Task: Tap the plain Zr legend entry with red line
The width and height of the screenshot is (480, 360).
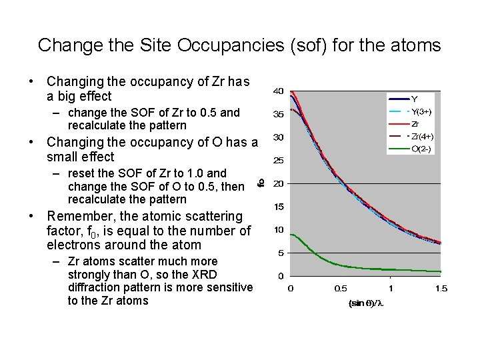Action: (x=415, y=124)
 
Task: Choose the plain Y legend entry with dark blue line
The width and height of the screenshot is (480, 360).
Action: (x=413, y=100)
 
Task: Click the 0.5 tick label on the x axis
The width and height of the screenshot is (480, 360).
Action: (x=340, y=288)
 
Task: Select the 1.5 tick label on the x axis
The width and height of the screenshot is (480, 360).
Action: (x=440, y=288)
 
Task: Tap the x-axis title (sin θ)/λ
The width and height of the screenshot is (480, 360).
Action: (x=365, y=303)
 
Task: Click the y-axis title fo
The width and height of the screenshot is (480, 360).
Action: (x=262, y=181)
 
